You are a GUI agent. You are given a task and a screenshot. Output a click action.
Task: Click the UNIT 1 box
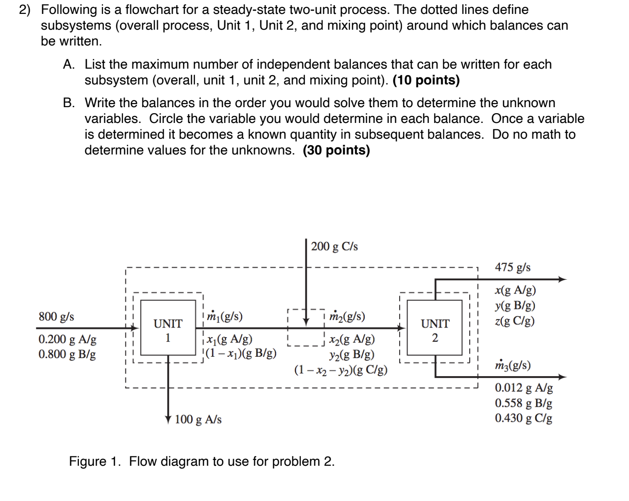click(x=168, y=330)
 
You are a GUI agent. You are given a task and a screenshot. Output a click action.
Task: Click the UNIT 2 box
click(x=434, y=330)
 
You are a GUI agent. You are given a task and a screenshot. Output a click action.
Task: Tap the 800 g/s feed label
click(x=56, y=317)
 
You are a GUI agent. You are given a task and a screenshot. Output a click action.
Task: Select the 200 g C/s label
click(x=334, y=246)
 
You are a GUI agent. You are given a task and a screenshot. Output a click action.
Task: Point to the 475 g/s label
click(x=512, y=267)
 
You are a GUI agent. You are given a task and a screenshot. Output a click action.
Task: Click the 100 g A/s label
click(x=198, y=420)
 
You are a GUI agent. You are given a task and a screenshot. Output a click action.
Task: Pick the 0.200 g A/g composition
click(x=67, y=339)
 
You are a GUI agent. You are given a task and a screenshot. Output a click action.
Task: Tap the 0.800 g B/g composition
click(x=67, y=354)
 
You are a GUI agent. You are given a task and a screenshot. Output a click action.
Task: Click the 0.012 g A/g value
click(x=524, y=388)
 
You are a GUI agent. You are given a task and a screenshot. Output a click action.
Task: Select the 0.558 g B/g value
click(x=524, y=403)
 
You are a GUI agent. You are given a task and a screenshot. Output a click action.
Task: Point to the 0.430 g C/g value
click(x=524, y=418)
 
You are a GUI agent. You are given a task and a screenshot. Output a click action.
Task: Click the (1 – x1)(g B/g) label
click(x=241, y=353)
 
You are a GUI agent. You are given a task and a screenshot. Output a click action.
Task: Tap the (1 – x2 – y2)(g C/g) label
click(x=341, y=370)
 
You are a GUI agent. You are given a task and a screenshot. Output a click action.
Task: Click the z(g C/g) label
click(x=515, y=321)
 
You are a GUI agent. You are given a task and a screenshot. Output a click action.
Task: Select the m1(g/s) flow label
click(x=225, y=316)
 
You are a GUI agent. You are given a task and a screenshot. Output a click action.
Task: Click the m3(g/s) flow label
click(x=512, y=365)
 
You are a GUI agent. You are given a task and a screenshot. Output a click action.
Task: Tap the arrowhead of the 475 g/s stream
click(x=562, y=279)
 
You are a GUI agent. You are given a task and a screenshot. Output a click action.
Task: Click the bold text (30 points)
click(x=337, y=150)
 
